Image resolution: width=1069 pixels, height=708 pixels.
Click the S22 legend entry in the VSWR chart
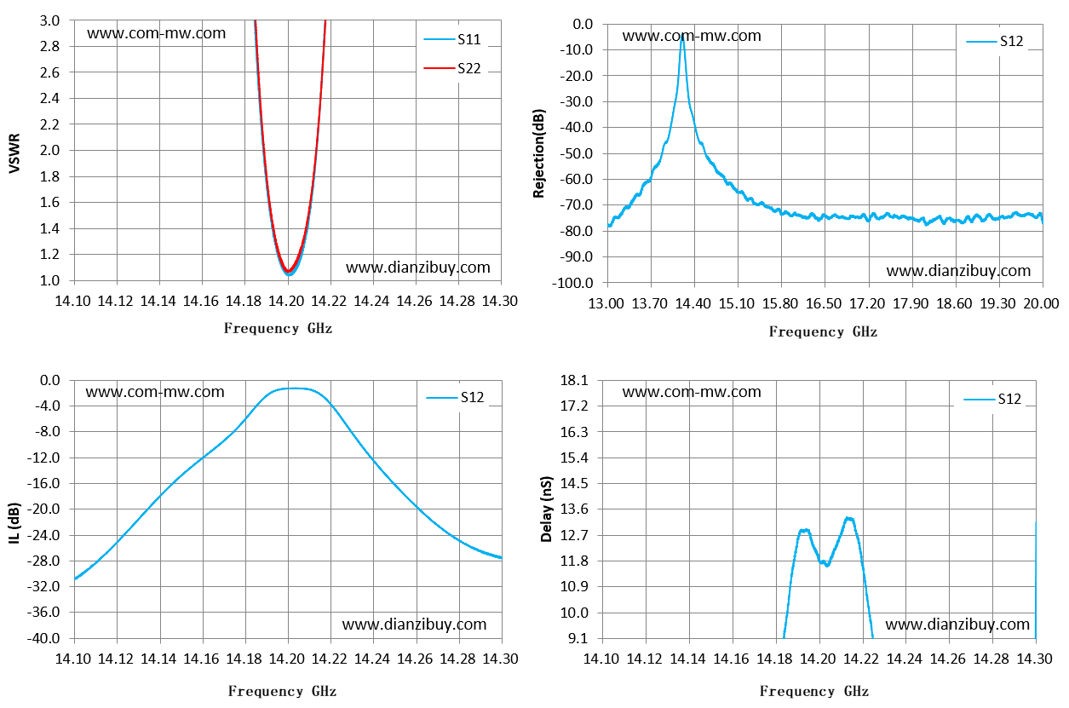click(452, 68)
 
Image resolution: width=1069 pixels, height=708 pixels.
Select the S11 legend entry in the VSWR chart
click(452, 39)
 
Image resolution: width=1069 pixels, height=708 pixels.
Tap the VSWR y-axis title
click(14, 153)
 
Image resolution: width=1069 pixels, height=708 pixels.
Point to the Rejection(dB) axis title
click(539, 153)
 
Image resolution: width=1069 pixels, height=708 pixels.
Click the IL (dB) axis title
click(14, 523)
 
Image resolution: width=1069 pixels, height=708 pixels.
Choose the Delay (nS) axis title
click(546, 509)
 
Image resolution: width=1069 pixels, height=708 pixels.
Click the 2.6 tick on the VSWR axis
click(50, 72)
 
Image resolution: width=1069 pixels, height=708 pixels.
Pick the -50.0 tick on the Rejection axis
click(576, 153)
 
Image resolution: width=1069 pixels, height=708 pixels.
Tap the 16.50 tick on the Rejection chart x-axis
click(824, 303)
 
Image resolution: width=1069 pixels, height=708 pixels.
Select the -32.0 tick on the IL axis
click(43, 586)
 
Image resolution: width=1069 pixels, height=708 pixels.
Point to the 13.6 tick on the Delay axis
click(574, 509)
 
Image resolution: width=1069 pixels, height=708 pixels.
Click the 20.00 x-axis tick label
click(1042, 303)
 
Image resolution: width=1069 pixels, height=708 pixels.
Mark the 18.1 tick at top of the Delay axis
click(574, 381)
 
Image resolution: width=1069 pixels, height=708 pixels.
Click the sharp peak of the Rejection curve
click(683, 36)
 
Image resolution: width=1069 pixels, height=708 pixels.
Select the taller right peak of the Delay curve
click(849, 518)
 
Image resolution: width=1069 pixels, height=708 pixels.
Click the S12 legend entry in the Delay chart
click(992, 399)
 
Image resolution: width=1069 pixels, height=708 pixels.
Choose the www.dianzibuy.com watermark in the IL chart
click(414, 625)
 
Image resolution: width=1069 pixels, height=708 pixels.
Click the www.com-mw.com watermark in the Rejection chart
click(692, 36)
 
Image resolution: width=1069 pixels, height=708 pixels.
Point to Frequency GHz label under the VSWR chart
click(278, 329)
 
